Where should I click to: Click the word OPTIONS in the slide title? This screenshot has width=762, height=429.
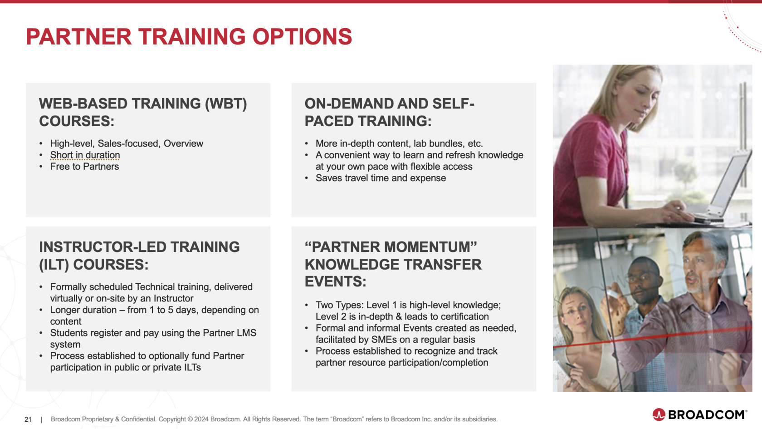302,37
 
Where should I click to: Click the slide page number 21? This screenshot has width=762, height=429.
28,419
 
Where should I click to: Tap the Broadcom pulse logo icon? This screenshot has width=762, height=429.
659,414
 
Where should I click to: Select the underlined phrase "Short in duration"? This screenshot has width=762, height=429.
85,155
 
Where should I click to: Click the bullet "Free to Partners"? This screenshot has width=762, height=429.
84,167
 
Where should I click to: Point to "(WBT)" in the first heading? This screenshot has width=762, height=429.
226,104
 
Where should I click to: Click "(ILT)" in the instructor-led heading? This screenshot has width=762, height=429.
54,265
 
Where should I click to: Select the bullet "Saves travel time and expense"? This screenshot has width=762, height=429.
381,178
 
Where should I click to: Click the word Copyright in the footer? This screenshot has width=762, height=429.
171,419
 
